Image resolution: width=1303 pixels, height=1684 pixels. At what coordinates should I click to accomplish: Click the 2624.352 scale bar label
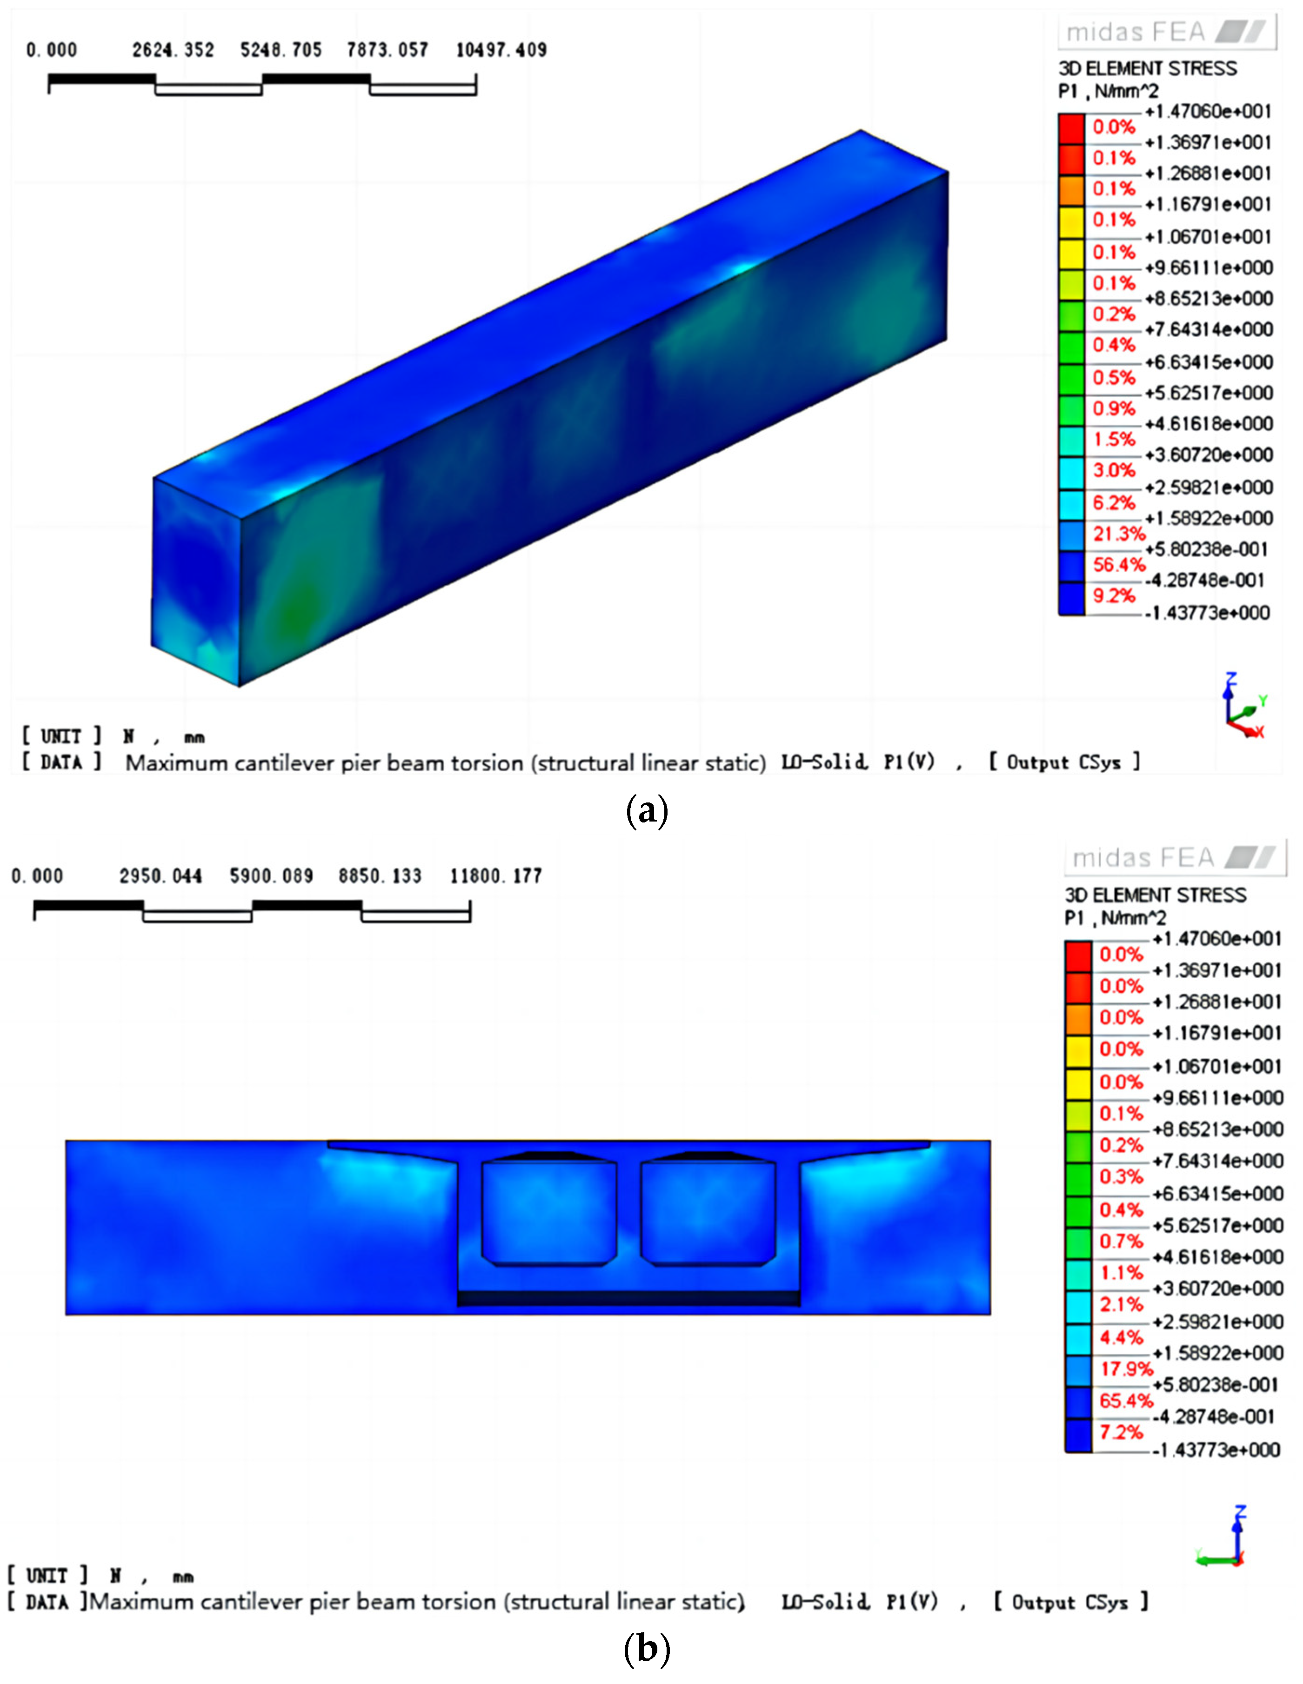(173, 50)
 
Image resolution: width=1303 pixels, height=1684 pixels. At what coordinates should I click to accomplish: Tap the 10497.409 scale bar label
(501, 50)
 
